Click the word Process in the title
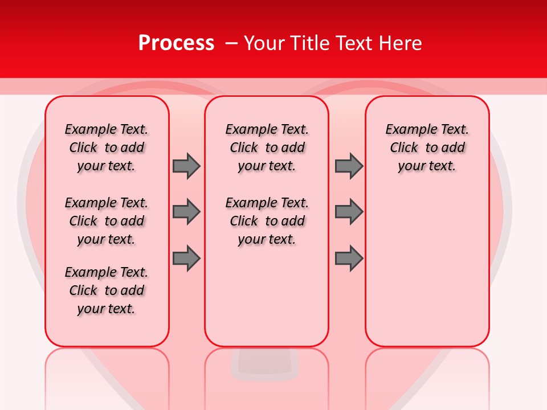point(176,43)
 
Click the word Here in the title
point(401,43)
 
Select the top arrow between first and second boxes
point(186,166)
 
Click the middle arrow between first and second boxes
point(186,212)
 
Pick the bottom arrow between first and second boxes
point(186,258)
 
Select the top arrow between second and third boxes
point(349,166)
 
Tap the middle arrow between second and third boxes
point(349,212)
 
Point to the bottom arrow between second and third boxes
point(349,258)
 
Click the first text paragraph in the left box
point(107,147)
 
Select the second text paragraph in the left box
point(107,221)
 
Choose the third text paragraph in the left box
point(107,290)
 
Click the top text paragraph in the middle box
point(267,147)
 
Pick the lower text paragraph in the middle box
point(267,221)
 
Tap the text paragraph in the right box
point(427,147)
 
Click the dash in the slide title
point(231,44)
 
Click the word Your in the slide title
point(265,43)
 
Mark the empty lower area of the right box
point(427,268)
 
